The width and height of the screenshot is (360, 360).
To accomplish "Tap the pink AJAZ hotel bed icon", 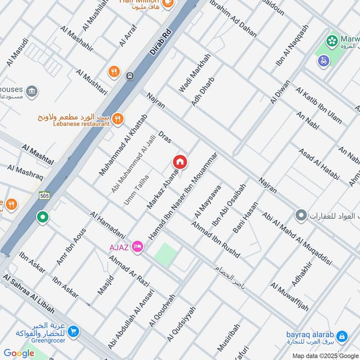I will pyautogui.click(x=138, y=247).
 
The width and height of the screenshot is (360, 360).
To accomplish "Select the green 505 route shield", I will pyautogui.click(x=44, y=195).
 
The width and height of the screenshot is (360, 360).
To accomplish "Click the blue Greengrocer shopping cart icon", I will pyautogui.click(x=73, y=333).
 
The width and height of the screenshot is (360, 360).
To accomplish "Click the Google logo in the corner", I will pyautogui.click(x=19, y=353).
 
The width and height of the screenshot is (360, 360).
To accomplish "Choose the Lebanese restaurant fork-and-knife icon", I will pyautogui.click(x=117, y=118).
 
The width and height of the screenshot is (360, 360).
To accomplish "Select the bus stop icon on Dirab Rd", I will pyautogui.click(x=130, y=76).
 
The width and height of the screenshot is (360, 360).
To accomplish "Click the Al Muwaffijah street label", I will pyautogui.click(x=289, y=297).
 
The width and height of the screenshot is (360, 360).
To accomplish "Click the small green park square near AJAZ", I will pyautogui.click(x=165, y=254).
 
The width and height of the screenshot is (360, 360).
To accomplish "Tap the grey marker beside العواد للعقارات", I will pyautogui.click(x=301, y=216).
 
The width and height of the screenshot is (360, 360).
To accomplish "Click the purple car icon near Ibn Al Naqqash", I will pyautogui.click(x=323, y=61).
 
